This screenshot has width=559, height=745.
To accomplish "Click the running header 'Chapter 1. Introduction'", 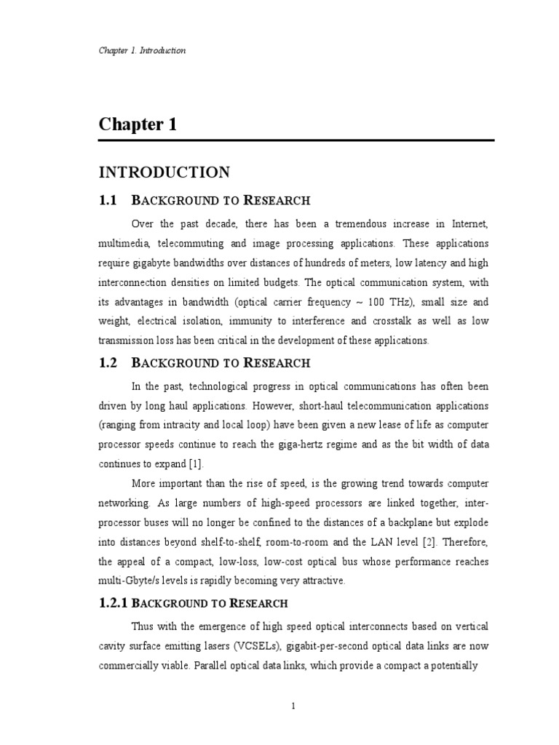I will tap(142, 51).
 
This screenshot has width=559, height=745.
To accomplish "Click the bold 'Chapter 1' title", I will tap(138, 124).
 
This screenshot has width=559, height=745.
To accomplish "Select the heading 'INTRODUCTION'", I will tap(164, 172).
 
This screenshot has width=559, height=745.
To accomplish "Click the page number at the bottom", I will tap(292, 706).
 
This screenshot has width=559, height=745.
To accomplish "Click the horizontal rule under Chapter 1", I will tap(297, 140).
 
